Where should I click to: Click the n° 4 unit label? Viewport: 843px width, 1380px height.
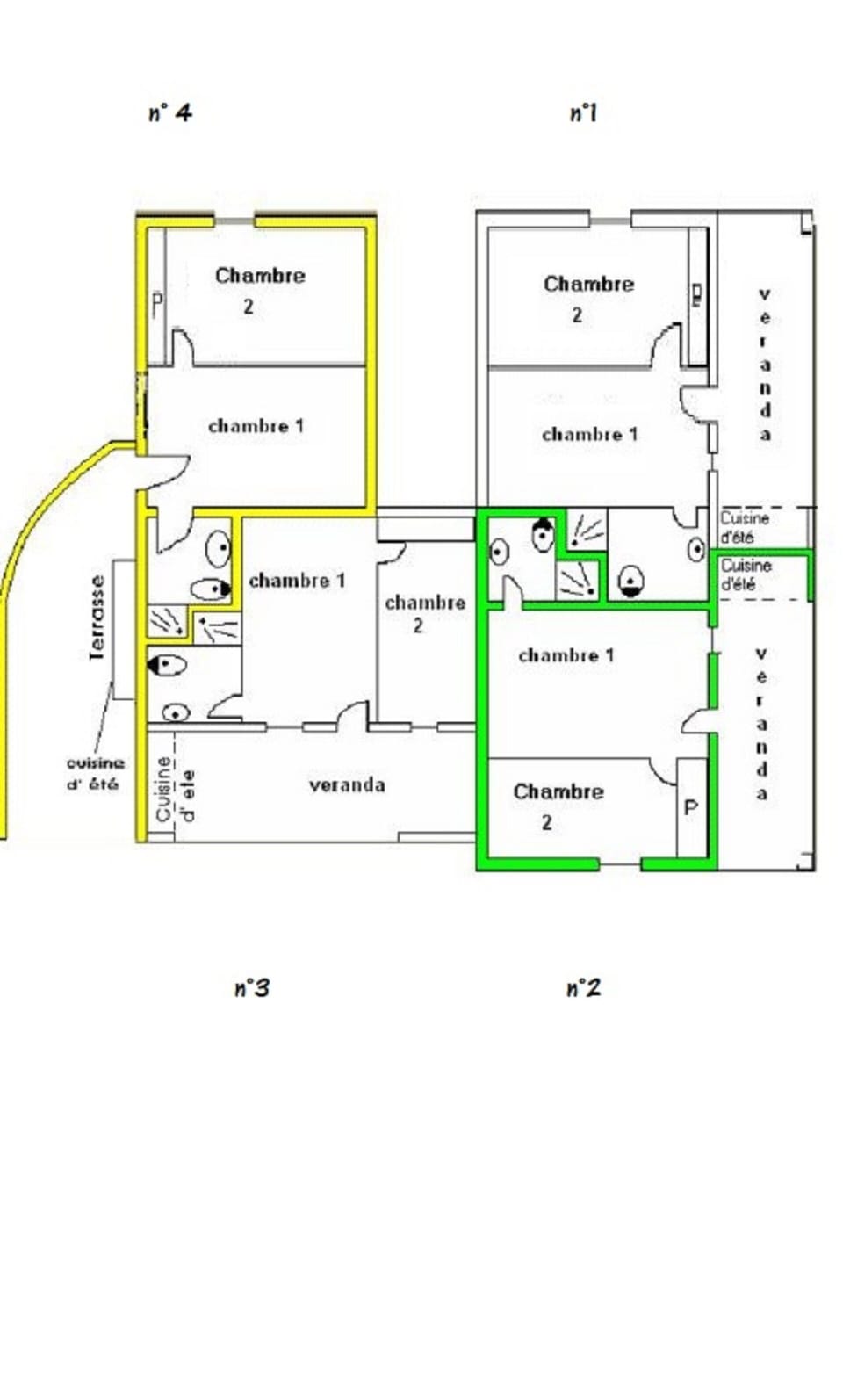point(169,112)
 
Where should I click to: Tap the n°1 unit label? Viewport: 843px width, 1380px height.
point(583,112)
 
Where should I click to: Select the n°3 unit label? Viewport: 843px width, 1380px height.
point(251,988)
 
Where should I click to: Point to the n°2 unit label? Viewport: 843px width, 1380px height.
point(583,988)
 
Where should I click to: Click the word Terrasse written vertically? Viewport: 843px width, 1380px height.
point(97,617)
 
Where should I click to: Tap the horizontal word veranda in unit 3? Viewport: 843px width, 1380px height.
point(347,784)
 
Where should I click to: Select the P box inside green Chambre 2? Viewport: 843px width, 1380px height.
point(691,807)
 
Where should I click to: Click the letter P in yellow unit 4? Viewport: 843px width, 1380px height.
point(157,305)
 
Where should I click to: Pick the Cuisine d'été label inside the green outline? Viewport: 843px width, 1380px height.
point(746,574)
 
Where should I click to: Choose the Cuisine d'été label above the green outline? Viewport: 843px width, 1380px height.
point(745,526)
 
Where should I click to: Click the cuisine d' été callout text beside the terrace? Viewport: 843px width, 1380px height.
point(95,773)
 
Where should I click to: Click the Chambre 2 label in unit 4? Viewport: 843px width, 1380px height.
point(259,289)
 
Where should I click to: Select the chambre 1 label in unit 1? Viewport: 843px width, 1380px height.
point(588,434)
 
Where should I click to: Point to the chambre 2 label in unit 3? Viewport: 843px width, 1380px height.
point(425,612)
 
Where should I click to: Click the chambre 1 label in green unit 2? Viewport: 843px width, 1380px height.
point(566,654)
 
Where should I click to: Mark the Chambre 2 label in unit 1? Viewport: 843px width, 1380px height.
point(587,298)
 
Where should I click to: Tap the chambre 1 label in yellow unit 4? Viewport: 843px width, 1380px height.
point(256,425)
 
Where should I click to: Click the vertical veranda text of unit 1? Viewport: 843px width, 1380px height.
point(765,364)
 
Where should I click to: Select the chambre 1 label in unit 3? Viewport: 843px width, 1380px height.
point(297,580)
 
